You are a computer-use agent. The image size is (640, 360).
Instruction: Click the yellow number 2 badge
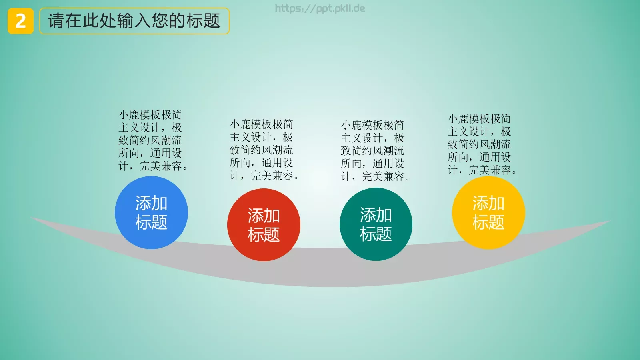point(20,21)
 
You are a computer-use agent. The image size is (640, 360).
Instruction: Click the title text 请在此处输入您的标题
point(134,21)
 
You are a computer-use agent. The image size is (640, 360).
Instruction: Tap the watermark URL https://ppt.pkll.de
point(320,8)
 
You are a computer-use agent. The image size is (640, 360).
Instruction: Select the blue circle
point(151,212)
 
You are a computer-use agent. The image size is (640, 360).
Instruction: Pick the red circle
point(264,225)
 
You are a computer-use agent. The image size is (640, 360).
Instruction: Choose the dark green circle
point(376,224)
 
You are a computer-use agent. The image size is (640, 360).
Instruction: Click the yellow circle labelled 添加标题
point(488,212)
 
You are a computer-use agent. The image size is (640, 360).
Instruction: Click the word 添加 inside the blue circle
point(151,203)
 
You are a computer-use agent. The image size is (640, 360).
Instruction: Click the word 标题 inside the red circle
point(264,234)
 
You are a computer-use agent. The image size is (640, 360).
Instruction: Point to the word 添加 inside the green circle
point(376,215)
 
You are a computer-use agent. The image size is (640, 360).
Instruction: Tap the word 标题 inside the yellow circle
point(488,222)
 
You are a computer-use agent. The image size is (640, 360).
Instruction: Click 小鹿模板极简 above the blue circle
point(150,115)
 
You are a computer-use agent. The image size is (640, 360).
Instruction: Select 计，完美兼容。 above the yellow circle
point(482,170)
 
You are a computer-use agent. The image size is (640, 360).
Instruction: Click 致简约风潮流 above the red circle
point(261,150)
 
